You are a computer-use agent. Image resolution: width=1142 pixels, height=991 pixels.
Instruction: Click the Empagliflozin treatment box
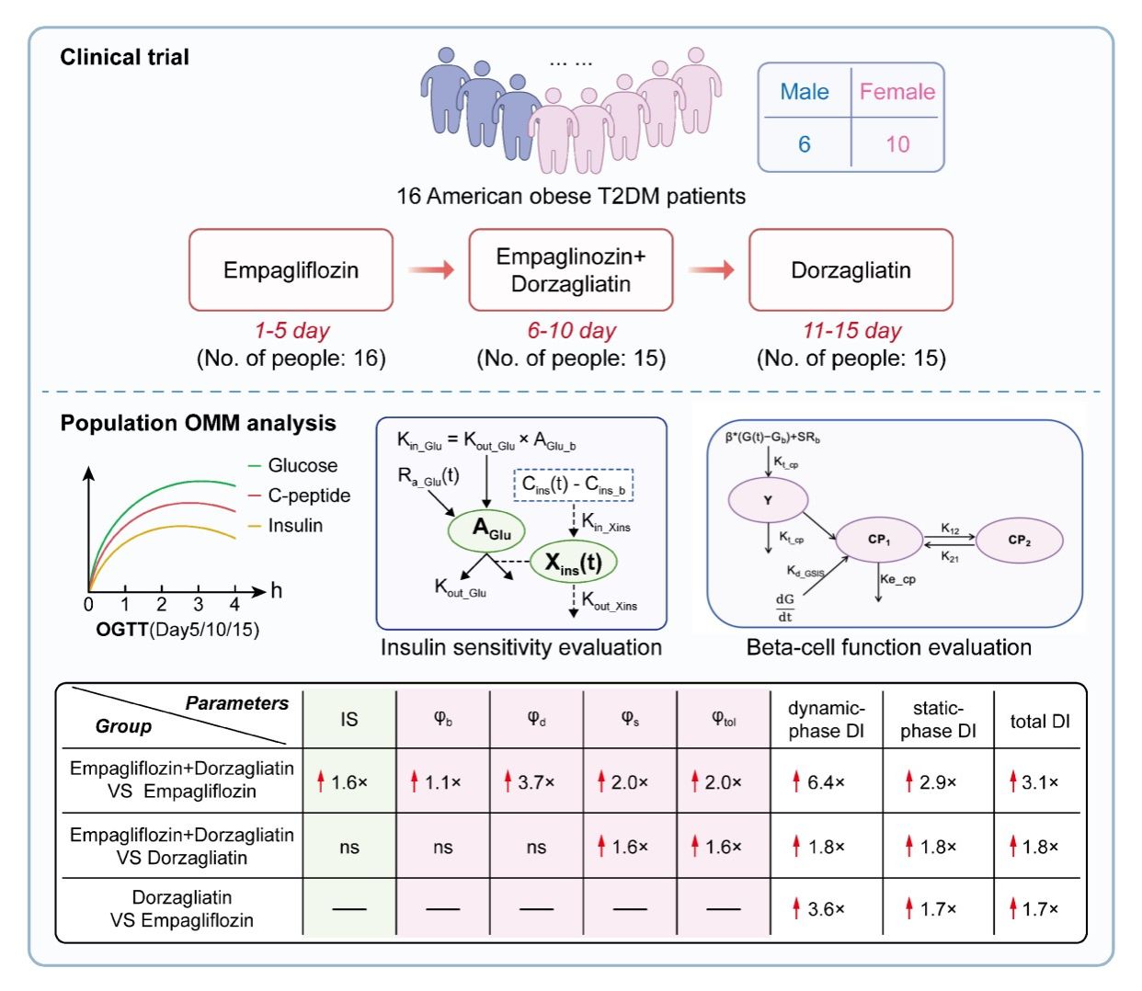click(291, 270)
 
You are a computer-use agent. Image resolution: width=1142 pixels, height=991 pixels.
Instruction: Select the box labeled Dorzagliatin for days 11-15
click(851, 270)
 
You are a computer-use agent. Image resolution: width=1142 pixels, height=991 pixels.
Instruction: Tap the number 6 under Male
click(805, 144)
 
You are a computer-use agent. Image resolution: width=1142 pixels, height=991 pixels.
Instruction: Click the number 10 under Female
click(897, 144)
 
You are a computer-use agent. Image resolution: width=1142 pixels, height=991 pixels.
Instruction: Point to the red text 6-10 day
click(571, 331)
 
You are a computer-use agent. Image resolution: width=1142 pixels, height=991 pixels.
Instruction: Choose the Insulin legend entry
click(294, 526)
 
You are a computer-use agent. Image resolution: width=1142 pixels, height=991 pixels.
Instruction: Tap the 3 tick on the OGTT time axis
click(199, 604)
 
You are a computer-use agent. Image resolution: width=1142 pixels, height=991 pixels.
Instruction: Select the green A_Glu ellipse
click(486, 530)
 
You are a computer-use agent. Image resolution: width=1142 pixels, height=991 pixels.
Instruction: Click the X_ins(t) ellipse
click(573, 563)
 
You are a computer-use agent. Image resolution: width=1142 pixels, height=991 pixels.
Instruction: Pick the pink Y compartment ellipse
click(768, 501)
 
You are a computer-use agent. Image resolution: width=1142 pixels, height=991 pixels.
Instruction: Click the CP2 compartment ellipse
click(1019, 541)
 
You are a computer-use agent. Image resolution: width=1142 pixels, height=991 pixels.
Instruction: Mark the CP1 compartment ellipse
click(879, 541)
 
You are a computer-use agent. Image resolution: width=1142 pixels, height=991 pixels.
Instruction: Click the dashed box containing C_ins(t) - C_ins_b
click(573, 484)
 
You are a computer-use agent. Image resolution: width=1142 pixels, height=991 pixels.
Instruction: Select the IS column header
click(349, 720)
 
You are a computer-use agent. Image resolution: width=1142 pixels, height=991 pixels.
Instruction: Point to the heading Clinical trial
click(124, 57)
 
